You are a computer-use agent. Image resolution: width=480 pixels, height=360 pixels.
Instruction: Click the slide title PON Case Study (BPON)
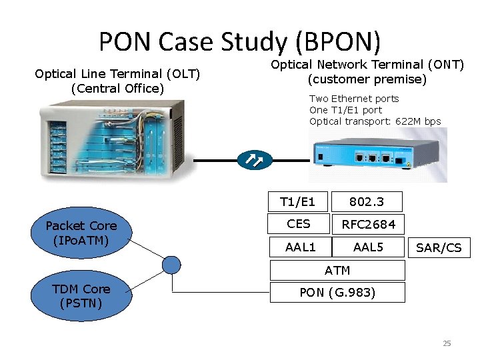pyautogui.click(x=240, y=41)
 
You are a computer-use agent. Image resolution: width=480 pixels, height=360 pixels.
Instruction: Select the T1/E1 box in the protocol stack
pyautogui.click(x=297, y=201)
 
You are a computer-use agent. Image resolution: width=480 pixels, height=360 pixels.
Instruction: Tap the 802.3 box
pyautogui.click(x=367, y=201)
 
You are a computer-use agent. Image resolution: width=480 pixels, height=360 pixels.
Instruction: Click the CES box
pyautogui.click(x=298, y=224)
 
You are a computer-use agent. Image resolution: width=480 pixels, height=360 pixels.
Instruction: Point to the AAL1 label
pyautogui.click(x=301, y=247)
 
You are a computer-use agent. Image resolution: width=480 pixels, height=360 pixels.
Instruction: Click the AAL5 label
pyautogui.click(x=368, y=247)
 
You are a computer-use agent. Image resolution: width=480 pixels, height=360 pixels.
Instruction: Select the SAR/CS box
pyautogui.click(x=439, y=248)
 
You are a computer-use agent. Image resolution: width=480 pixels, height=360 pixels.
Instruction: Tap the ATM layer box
pyautogui.click(x=337, y=270)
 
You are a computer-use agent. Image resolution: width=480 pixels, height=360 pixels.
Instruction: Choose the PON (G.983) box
pyautogui.click(x=337, y=292)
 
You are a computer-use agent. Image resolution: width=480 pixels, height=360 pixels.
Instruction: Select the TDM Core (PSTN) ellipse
pyautogui.click(x=81, y=296)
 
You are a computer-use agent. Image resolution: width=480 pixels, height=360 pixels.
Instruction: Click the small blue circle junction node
pyautogui.click(x=172, y=265)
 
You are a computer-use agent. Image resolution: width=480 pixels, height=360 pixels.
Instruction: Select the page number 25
pyautogui.click(x=447, y=343)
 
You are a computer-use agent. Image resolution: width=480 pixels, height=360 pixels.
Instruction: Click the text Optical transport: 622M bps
pyautogui.click(x=375, y=121)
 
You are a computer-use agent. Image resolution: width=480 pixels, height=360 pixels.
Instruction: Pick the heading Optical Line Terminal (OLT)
pyautogui.click(x=117, y=73)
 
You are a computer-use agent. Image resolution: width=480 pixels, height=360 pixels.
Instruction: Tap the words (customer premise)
pyautogui.click(x=367, y=79)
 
